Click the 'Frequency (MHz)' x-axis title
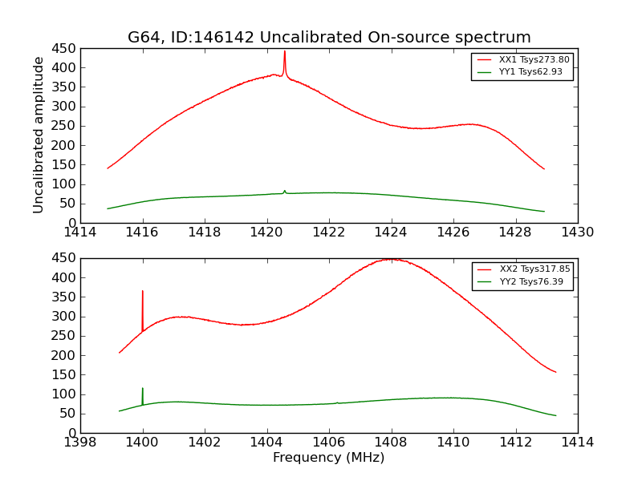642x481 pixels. (x=329, y=458)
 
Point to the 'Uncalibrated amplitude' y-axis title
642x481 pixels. (x=39, y=135)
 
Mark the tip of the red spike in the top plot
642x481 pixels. (x=284, y=51)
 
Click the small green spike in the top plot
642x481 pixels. (x=284, y=191)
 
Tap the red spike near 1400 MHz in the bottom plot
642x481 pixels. (x=143, y=292)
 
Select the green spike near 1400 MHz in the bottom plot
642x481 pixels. (x=143, y=389)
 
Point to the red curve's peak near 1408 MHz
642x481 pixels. (x=391, y=259)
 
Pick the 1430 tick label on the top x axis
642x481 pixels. (x=577, y=232)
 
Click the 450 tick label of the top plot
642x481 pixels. (x=64, y=48)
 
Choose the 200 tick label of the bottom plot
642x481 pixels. (x=64, y=355)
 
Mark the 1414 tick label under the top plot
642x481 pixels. (x=81, y=232)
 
